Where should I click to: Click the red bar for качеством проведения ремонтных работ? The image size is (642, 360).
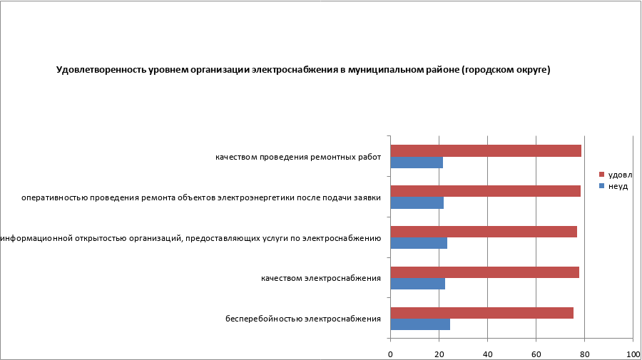486,150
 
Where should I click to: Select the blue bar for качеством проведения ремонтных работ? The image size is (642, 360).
417,163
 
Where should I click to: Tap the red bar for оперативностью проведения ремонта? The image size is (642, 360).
485,191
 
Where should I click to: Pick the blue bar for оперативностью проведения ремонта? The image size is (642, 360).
417,202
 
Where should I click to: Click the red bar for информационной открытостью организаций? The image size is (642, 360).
484,232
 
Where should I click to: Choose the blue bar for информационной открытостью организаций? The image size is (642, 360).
419,243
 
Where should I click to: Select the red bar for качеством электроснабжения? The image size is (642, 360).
484,272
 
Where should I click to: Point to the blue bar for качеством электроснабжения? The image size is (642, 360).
417,284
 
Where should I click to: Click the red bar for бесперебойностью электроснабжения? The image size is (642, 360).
481,312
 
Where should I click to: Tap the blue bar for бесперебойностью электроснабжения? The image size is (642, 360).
420,324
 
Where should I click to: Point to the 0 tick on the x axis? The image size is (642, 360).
390,354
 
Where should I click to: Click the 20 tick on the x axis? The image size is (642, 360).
439,354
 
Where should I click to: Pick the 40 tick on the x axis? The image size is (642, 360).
487,354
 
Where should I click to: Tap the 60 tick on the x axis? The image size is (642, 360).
536,354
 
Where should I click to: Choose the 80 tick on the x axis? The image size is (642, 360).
584,354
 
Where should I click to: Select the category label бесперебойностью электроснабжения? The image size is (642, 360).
303,319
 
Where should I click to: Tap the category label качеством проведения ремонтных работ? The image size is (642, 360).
298,157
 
